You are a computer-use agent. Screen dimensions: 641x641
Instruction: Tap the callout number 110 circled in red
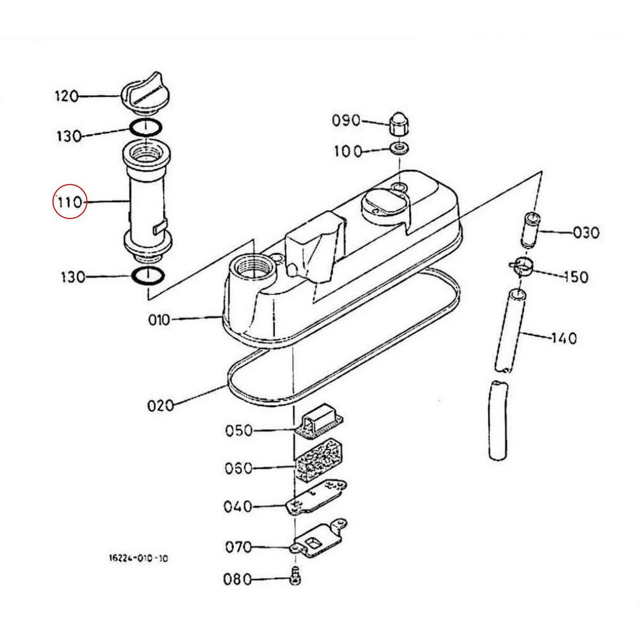pyautogui.click(x=69, y=202)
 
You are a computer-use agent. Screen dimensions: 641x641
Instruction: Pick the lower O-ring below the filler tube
pyautogui.click(x=147, y=277)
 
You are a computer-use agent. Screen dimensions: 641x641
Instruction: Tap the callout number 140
pyautogui.click(x=564, y=338)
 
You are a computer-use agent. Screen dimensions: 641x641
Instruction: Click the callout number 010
pyautogui.click(x=159, y=320)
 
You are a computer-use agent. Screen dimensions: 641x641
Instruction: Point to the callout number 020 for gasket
pyautogui.click(x=160, y=405)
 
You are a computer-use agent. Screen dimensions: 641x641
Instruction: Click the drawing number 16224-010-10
pyautogui.click(x=138, y=558)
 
